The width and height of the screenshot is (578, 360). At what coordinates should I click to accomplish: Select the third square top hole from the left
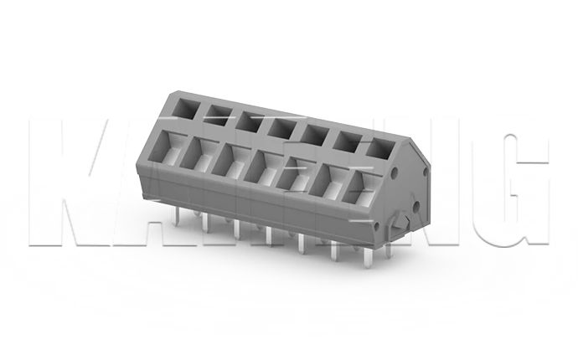pos(248,120)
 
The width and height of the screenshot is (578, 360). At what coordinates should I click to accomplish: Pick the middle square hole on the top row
pos(281,127)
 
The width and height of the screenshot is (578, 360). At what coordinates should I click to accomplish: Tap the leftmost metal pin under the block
pos(173,215)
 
